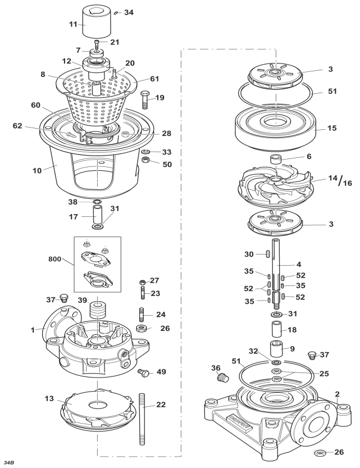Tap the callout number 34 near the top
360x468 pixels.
pyautogui.click(x=129, y=12)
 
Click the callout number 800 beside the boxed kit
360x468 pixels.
pyautogui.click(x=54, y=259)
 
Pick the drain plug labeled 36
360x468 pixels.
pyautogui.click(x=222, y=378)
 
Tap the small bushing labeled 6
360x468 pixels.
pyautogui.click(x=276, y=159)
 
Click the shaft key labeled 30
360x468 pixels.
pyautogui.click(x=267, y=254)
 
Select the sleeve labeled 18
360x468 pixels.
pyautogui.click(x=276, y=329)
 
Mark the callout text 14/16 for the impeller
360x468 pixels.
pyautogui.click(x=340, y=180)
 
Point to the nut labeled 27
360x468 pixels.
pyautogui.click(x=143, y=281)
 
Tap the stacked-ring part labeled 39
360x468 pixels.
pyautogui.click(x=98, y=310)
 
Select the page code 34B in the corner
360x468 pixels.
pyautogui.click(x=9, y=462)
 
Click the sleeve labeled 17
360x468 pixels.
pyautogui.click(x=98, y=215)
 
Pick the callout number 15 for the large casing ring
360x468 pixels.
pyautogui.click(x=332, y=128)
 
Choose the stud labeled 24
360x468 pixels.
pyautogui.click(x=142, y=315)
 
